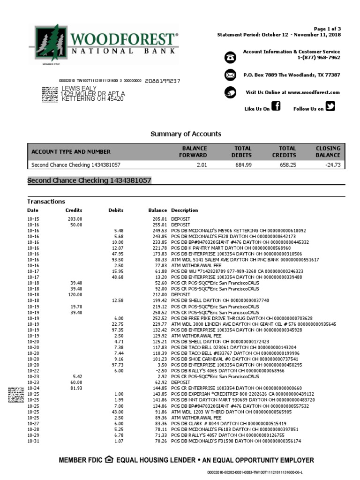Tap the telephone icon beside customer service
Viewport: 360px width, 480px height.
click(230, 57)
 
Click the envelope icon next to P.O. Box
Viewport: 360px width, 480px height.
click(230, 75)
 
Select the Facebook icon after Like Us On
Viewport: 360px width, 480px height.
click(276, 107)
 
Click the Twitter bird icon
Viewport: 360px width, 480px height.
click(330, 107)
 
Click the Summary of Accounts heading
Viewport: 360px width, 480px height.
click(186, 134)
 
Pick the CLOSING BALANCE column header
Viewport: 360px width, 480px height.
click(328, 151)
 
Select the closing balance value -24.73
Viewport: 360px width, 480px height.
click(332, 165)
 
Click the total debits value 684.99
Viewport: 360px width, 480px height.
click(243, 165)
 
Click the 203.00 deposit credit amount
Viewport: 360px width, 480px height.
click(75, 219)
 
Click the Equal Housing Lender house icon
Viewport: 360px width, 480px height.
click(109, 460)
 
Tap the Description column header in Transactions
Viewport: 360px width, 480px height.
click(184, 210)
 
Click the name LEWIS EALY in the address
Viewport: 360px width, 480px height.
click(79, 88)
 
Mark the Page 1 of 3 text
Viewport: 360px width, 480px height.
click(327, 29)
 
